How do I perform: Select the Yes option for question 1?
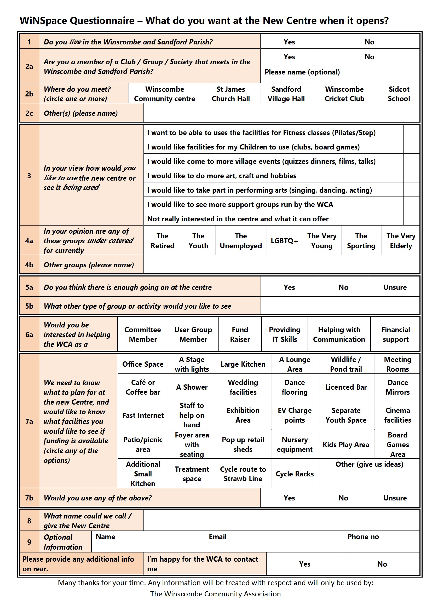[289, 42]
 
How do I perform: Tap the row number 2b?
[29, 94]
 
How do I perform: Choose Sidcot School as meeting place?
[399, 94]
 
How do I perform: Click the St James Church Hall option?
[231, 94]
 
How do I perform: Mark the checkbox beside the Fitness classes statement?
[411, 132]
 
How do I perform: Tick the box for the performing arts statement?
[411, 190]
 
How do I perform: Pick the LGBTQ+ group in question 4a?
[284, 241]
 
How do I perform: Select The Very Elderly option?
[401, 241]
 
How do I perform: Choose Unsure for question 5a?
[395, 287]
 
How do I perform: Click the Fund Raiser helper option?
[240, 334]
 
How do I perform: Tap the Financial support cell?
[395, 334]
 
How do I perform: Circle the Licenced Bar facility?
[346, 387]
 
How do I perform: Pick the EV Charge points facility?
[294, 415]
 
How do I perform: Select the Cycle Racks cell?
[294, 474]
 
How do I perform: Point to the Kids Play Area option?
[346, 445]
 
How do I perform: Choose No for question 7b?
[343, 498]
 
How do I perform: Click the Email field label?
[217, 537]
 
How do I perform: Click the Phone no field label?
[363, 537]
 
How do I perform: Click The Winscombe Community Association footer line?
[215, 594]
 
